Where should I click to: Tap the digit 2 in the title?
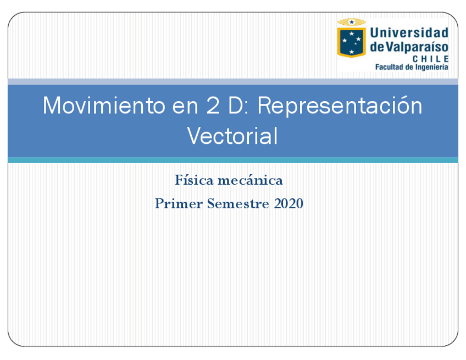tap(213, 105)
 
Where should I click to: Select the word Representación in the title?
tap(340, 106)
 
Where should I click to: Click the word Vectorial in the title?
tap(232, 136)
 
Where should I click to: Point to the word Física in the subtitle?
tap(194, 180)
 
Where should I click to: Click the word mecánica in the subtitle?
tap(250, 180)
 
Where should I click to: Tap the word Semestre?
tap(238, 203)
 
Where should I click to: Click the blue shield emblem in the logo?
tap(351, 42)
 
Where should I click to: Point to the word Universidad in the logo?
tap(409, 32)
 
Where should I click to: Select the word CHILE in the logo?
tap(431, 59)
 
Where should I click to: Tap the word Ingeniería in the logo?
tap(431, 68)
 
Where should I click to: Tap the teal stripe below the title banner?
tap(233, 160)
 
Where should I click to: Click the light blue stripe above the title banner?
tap(233, 82)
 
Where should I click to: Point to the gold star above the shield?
tap(352, 21)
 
